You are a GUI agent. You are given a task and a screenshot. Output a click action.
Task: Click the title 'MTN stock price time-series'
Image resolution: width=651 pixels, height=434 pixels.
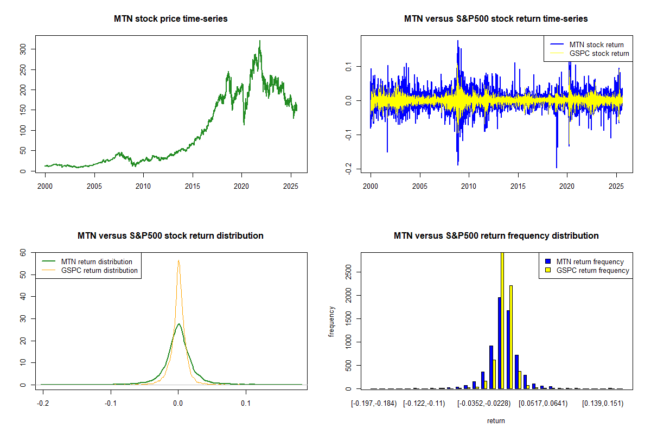coord(170,19)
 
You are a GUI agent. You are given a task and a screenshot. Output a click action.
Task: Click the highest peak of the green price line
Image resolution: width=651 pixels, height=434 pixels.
coord(260,41)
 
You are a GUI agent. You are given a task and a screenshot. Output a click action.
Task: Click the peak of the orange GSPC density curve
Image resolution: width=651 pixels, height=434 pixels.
coord(178,260)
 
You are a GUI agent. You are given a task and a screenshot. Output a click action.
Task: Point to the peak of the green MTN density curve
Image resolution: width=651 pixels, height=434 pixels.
coord(178,324)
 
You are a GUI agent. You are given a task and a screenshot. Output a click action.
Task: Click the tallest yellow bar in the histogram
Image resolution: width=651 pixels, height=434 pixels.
coord(502,320)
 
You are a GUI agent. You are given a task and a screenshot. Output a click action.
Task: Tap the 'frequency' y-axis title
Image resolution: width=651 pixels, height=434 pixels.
coord(332,322)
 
